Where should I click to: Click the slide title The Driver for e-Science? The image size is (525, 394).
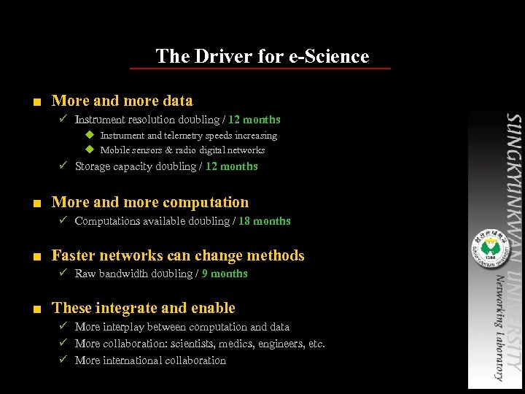click(262, 56)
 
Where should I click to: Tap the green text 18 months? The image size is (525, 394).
click(265, 221)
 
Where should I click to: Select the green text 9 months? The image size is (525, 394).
click(225, 274)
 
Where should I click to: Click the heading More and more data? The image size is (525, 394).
click(122, 101)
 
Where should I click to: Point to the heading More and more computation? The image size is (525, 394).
click(150, 202)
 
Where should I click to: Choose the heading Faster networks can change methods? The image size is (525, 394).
click(178, 255)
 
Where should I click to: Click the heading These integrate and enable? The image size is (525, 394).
click(144, 308)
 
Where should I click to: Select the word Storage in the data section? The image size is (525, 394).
click(94, 166)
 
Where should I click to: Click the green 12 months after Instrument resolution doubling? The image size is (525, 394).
click(254, 120)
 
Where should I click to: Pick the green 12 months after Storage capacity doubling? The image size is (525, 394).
click(232, 166)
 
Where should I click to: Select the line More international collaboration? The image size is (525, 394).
click(150, 360)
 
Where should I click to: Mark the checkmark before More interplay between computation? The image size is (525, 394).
click(63, 327)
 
